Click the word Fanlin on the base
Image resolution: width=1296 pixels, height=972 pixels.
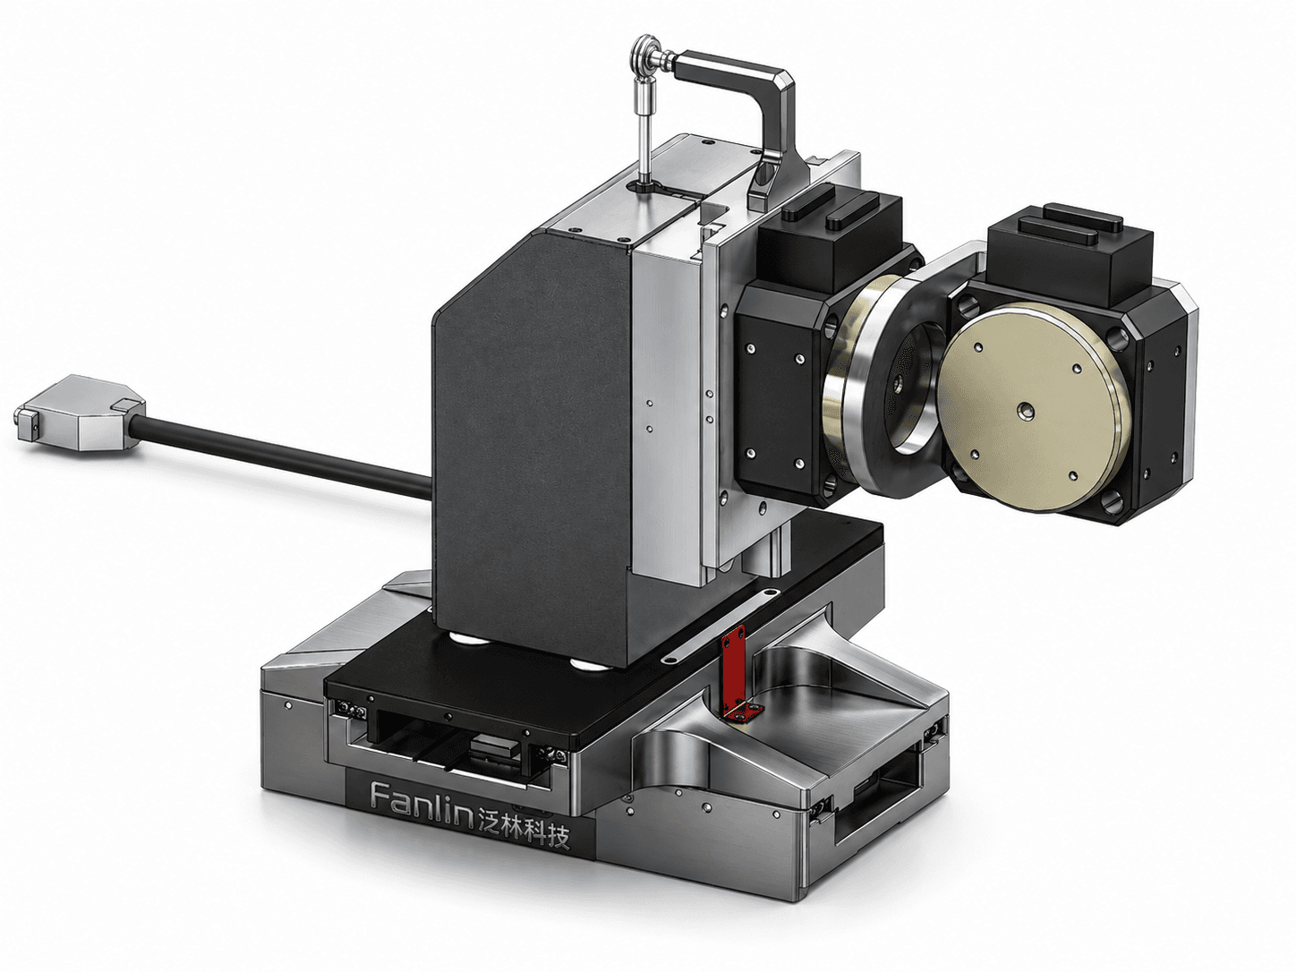pos(422,802)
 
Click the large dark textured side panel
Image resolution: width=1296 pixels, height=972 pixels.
pos(533,448)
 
